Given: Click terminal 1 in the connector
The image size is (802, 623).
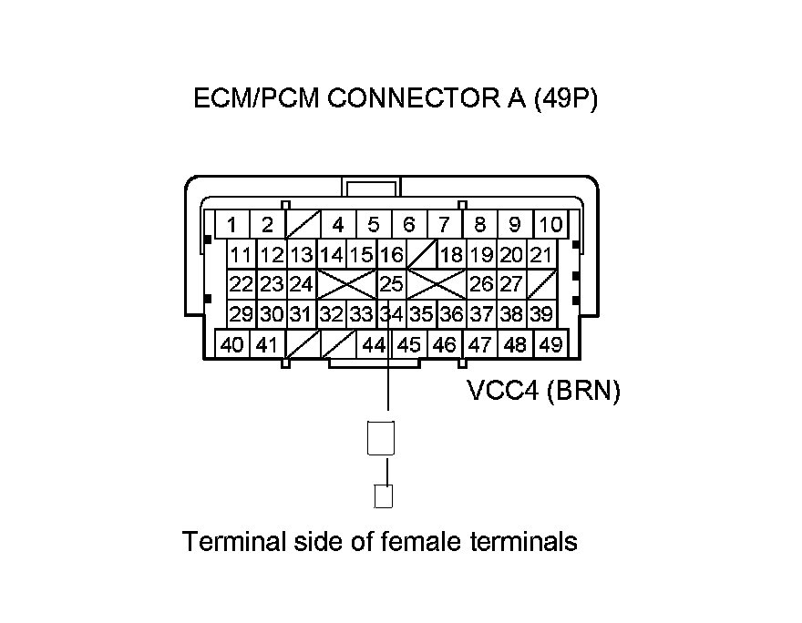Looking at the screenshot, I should tap(233, 225).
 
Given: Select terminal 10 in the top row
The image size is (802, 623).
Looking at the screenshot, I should tap(550, 225).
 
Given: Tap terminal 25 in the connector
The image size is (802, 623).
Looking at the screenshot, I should tap(391, 284).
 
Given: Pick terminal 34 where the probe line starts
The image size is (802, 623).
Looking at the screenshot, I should tap(391, 314).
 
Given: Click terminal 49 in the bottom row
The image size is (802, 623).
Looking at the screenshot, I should tap(550, 345).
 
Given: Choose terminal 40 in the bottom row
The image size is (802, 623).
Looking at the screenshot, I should tap(232, 345).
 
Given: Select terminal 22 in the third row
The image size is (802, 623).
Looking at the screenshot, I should tap(241, 284).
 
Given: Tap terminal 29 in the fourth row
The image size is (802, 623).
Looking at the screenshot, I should tap(241, 314).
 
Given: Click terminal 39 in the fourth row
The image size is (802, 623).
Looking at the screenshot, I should tap(541, 314).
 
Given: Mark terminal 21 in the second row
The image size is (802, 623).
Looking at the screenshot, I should tap(541, 255).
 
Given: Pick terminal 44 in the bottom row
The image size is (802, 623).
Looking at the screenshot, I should tap(374, 345).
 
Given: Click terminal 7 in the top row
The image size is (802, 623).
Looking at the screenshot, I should tap(444, 225).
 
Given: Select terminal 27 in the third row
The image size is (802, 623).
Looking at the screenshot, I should tap(511, 284).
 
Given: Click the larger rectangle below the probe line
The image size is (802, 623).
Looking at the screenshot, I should tap(380, 438).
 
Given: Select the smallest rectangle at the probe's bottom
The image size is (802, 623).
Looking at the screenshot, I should tap(385, 496).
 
